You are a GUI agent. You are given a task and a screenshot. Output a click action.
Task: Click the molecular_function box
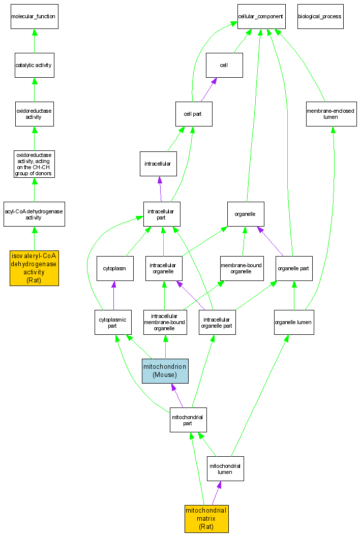(34, 16)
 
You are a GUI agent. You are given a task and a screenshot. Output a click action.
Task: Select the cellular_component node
(260, 16)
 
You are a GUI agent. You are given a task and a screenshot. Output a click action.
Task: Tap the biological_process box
(320, 16)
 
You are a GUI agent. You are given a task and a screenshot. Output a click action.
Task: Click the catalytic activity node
(34, 65)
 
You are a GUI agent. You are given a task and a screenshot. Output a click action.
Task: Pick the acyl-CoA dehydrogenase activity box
(34, 214)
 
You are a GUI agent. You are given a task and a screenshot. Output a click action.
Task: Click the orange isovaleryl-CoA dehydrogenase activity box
(34, 268)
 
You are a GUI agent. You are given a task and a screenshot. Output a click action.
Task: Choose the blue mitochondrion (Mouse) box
(165, 370)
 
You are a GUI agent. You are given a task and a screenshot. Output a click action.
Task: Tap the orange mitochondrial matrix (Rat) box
(206, 519)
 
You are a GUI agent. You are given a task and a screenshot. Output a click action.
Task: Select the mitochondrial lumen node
(225, 468)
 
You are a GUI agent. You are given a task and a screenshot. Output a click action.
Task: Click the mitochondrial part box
(188, 420)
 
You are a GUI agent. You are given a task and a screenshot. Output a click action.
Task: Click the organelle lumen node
(294, 322)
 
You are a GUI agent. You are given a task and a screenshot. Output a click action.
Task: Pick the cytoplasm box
(115, 268)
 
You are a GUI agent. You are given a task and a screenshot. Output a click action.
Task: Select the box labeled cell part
(193, 114)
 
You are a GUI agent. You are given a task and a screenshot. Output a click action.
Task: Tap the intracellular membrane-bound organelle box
(165, 322)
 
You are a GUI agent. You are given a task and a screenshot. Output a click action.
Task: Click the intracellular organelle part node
(217, 322)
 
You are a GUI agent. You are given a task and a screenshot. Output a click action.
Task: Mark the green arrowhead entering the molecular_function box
(34, 33)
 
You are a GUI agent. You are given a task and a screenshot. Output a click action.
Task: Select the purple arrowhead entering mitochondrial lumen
(219, 485)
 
